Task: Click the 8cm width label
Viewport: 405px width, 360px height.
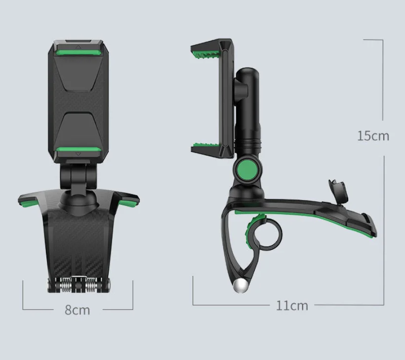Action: [78, 310]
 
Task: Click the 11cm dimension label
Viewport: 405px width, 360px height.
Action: [292, 306]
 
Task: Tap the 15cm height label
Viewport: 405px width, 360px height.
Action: [373, 135]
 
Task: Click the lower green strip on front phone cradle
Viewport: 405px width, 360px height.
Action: [78, 150]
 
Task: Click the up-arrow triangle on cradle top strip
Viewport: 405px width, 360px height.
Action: [78, 48]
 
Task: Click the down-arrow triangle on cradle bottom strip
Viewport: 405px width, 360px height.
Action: [78, 154]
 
